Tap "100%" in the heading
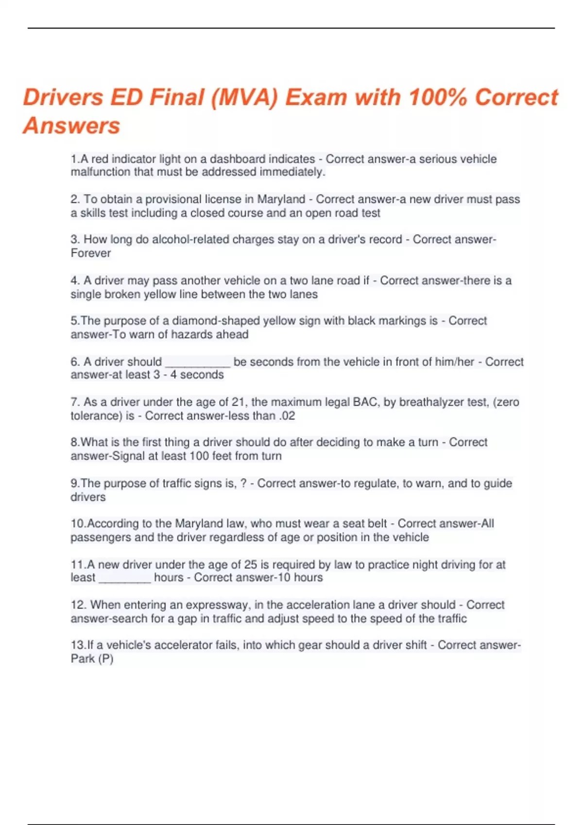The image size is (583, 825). [438, 97]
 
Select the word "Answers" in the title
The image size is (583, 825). [71, 126]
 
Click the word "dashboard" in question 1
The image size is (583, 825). [238, 159]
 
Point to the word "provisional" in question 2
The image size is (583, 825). [173, 199]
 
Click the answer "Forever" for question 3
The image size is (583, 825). [91, 253]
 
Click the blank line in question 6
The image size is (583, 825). [198, 363]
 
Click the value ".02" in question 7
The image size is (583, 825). [287, 415]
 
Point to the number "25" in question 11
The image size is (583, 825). [250, 564]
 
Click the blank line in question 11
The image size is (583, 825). [125, 578]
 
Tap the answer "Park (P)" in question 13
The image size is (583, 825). [92, 659]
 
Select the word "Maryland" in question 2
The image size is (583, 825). [281, 199]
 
